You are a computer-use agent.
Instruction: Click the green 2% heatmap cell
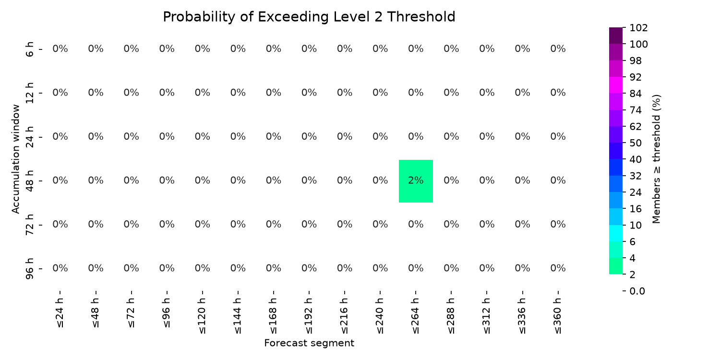coord(416,181)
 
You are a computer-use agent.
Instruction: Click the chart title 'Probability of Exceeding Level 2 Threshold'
coord(309,17)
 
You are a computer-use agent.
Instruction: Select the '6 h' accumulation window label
coord(29,49)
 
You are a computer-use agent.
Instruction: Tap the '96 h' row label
coord(29,269)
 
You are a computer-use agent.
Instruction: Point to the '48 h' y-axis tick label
coord(29,181)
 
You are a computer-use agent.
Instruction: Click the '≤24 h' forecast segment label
coord(60,313)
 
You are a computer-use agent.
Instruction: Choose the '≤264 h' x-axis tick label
coord(416,316)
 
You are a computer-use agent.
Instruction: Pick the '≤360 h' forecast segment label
coord(558,316)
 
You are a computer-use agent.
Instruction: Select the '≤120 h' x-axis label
coord(202,316)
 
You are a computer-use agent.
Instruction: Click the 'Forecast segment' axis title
coord(309,343)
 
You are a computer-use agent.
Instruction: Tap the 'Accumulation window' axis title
coord(15,159)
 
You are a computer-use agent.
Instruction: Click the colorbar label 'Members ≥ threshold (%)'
coord(656,159)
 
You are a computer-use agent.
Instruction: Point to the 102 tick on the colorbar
coord(639,28)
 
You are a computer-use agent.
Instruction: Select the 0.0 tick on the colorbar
coord(637,291)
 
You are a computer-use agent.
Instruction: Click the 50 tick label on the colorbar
coord(636,143)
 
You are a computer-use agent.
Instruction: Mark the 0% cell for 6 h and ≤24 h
coord(60,49)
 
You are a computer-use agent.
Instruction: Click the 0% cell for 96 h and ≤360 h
coord(558,268)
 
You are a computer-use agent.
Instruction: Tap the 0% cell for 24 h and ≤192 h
coord(309,137)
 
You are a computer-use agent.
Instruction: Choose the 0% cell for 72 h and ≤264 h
coord(416,224)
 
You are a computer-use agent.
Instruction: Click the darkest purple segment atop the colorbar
coord(615,36)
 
